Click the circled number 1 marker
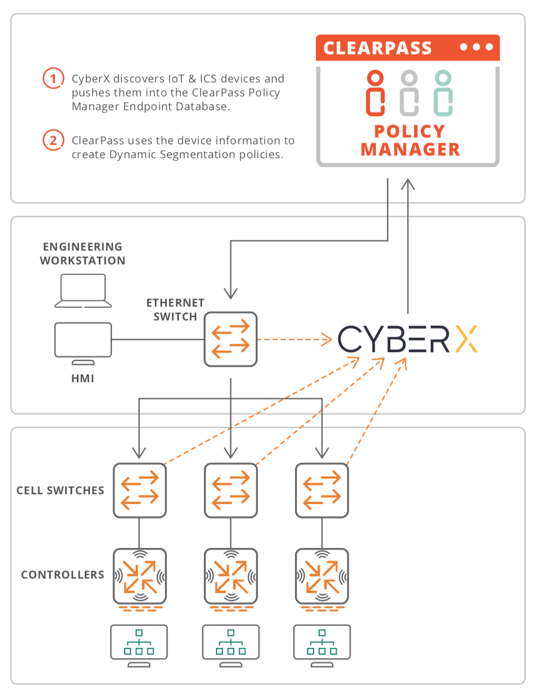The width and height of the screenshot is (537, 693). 53,78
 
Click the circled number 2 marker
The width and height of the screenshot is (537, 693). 53,140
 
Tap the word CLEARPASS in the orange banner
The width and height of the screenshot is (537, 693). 377,48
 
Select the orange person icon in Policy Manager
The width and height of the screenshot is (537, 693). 375,92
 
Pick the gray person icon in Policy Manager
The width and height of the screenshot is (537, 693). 409,92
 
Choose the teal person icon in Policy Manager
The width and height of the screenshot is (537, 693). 443,92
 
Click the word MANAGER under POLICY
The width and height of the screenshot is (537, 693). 410,149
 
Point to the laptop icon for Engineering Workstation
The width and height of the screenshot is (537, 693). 83,290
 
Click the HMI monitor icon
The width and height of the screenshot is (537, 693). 83,343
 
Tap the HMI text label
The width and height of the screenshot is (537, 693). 83,378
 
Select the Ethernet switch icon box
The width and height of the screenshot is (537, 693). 230,339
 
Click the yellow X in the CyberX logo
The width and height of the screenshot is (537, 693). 465,338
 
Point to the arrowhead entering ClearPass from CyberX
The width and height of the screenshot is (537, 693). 408,184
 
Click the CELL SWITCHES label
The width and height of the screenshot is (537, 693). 60,490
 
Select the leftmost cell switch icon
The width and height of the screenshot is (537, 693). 139,490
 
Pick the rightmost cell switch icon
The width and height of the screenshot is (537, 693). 322,490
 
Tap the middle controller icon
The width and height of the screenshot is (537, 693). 230,576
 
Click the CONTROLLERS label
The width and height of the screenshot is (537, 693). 62,575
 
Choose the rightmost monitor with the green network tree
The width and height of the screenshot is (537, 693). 322,645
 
